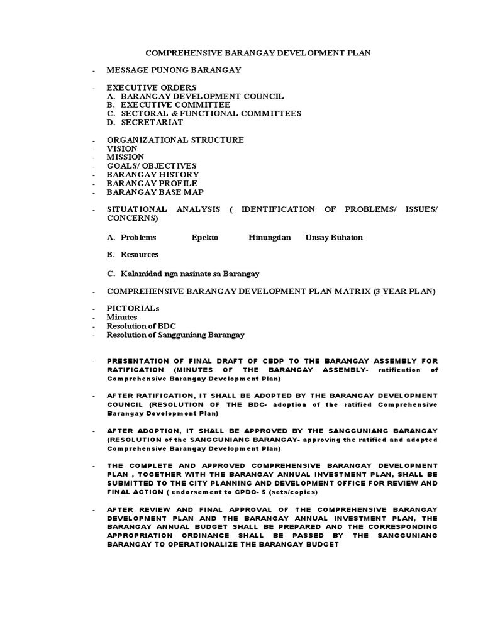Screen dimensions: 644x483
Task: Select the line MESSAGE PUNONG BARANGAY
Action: [174, 70]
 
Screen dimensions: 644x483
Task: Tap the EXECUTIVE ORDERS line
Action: [152, 87]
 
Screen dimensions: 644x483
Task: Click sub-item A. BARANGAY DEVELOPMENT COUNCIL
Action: [195, 96]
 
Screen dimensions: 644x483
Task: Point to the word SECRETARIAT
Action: [152, 122]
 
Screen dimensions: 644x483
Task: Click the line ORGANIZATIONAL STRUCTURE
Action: [175, 140]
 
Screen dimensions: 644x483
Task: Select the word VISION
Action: [121, 148]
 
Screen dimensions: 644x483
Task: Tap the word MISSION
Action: [125, 157]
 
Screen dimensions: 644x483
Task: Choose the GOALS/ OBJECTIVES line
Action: [152, 165]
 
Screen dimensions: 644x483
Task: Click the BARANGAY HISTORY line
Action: [153, 174]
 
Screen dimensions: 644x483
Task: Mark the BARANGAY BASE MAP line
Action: [155, 192]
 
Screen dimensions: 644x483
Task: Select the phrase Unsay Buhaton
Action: [334, 238]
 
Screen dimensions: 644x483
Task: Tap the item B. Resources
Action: [132, 255]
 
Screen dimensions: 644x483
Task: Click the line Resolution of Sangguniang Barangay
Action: [175, 335]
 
